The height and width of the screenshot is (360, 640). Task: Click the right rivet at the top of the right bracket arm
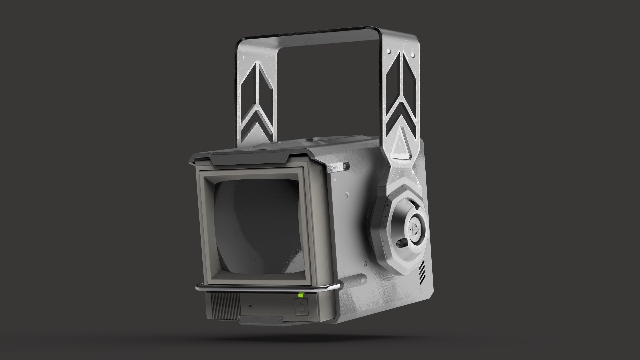(x=413, y=53)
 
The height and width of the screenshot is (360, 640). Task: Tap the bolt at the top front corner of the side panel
(x=344, y=165)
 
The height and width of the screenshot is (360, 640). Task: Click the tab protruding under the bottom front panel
(x=260, y=322)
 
